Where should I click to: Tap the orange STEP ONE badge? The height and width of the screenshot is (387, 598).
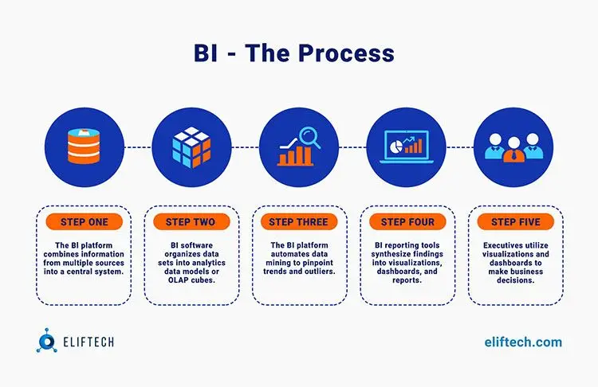pyautogui.click(x=85, y=221)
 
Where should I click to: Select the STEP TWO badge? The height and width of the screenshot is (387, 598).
pyautogui.click(x=191, y=221)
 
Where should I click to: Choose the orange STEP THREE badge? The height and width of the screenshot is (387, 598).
pyautogui.click(x=299, y=221)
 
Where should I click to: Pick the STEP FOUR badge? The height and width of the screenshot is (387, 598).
pyautogui.click(x=407, y=221)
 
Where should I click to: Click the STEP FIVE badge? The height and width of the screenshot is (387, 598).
pyautogui.click(x=516, y=221)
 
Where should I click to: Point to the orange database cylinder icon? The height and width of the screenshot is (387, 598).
pyautogui.click(x=84, y=147)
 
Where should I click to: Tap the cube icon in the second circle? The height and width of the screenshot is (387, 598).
pyautogui.click(x=191, y=147)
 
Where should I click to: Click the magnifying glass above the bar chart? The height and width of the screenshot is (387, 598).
pyautogui.click(x=309, y=137)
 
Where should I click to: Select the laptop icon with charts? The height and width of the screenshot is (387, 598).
pyautogui.click(x=407, y=147)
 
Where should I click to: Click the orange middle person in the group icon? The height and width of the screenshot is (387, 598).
pyautogui.click(x=513, y=150)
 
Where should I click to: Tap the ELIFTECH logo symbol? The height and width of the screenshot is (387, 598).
pyautogui.click(x=46, y=341)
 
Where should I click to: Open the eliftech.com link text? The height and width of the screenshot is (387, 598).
pyautogui.click(x=523, y=342)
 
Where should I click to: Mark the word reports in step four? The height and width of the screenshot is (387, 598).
pyautogui.click(x=407, y=280)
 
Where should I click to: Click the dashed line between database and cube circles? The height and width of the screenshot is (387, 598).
pyautogui.click(x=138, y=147)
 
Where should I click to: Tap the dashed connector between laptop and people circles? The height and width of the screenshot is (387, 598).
pyautogui.click(x=460, y=147)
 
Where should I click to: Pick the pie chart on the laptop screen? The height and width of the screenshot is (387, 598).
pyautogui.click(x=396, y=146)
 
